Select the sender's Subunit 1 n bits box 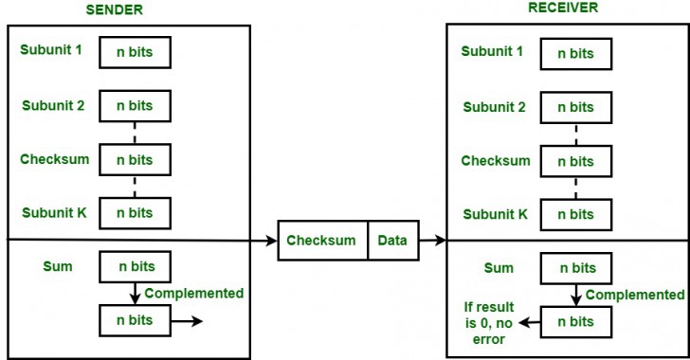coord(134,53)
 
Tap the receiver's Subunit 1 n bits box coord(575,53)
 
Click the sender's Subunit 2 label coord(54,105)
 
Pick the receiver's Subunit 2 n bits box coord(575,107)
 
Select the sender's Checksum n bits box coord(134,160)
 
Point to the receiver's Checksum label coord(496,160)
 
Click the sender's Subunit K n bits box coord(134,212)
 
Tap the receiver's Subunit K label coord(496,213)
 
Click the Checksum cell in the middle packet coord(321,241)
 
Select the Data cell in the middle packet coord(392,241)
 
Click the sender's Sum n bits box coord(134,268)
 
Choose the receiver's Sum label coord(499,269)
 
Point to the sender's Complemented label coord(193,294)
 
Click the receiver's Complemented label coord(634,295)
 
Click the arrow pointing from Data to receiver coord(432,241)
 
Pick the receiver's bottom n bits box coord(575,321)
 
